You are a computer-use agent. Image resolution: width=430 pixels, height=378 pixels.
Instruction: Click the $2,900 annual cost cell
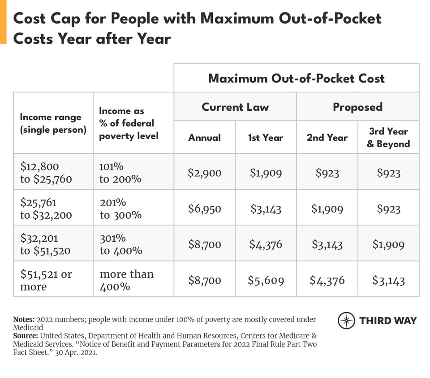(x=204, y=173)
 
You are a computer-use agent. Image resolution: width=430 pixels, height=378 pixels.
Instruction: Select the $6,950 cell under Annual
(x=204, y=209)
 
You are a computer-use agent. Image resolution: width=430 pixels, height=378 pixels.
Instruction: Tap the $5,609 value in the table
(x=266, y=281)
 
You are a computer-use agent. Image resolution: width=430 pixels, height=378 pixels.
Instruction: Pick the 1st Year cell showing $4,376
(x=266, y=244)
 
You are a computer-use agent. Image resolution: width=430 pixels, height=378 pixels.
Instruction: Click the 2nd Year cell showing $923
(x=327, y=173)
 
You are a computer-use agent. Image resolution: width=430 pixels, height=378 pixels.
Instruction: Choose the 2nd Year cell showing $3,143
(x=327, y=244)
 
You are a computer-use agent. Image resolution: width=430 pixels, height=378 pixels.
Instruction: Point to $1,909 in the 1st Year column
(x=266, y=173)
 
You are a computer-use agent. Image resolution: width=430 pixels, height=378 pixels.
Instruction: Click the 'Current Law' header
(x=235, y=107)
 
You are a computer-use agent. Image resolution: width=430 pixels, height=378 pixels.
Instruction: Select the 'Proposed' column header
(x=357, y=107)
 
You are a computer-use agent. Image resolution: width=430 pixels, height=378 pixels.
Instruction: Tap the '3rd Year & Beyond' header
(x=388, y=137)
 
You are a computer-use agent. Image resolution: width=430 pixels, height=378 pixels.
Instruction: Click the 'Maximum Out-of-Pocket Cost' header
(x=296, y=78)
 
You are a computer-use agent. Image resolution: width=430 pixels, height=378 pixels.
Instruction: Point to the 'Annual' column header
(x=204, y=137)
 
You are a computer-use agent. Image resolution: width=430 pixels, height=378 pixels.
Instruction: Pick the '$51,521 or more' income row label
(x=46, y=280)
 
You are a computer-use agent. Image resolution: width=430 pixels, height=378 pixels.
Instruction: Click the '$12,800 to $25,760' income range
(x=46, y=173)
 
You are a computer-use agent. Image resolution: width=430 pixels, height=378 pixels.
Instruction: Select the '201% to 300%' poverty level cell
(x=120, y=209)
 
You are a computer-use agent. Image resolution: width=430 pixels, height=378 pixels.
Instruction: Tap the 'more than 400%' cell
(x=126, y=280)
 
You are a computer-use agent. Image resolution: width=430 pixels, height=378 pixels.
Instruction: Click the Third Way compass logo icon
(x=346, y=321)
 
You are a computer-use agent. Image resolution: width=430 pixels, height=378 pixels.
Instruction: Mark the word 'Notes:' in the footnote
(x=24, y=320)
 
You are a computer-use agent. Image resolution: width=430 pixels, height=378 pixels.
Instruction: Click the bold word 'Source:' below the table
(x=26, y=335)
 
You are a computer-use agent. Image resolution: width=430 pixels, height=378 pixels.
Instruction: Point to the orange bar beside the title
(x=3, y=22)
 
